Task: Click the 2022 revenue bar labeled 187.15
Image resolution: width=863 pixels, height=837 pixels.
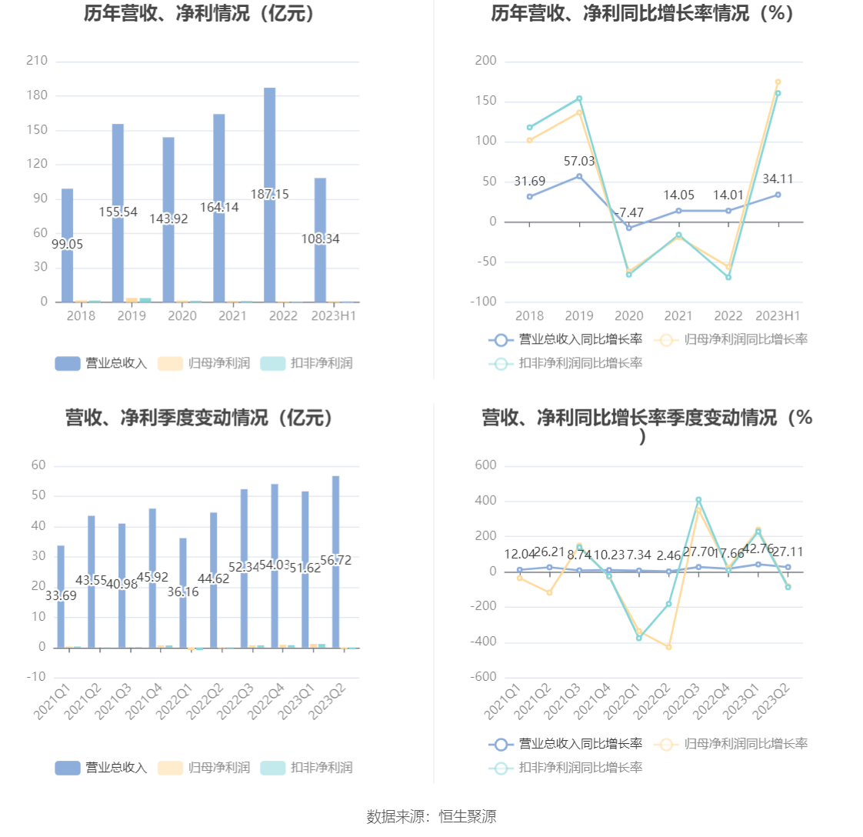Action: pos(270,138)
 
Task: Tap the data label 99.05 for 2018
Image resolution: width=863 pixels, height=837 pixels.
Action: pos(68,245)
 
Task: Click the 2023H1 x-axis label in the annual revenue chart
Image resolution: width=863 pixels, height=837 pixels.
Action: pos(333,315)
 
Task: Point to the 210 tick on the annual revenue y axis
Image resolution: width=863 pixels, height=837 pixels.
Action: pos(37,61)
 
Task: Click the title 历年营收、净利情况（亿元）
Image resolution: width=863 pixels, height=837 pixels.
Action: pos(200,14)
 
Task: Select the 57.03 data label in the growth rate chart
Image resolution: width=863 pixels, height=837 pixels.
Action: pos(579,162)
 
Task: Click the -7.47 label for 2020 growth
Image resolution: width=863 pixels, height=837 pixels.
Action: pos(629,213)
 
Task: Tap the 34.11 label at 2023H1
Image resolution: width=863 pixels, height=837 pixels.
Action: pos(778,179)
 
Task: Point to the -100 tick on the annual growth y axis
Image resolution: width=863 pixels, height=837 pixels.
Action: pos(485,302)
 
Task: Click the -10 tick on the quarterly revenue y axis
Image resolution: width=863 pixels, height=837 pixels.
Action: pos(36,677)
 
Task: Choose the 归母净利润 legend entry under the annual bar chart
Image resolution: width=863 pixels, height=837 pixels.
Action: pos(204,363)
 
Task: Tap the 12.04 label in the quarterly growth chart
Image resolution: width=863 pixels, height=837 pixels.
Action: pos(520,555)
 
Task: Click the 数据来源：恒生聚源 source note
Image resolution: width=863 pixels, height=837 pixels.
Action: pos(431,817)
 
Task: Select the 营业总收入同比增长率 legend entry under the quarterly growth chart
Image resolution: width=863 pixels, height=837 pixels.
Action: pos(565,744)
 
